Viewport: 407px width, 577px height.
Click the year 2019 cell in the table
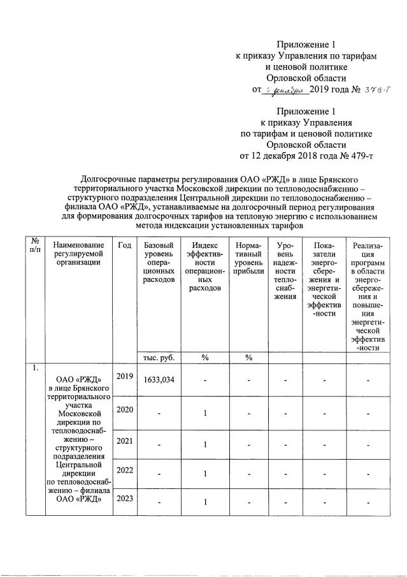(x=124, y=376)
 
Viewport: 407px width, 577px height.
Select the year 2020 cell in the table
(x=124, y=409)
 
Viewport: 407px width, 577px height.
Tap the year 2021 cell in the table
(x=124, y=441)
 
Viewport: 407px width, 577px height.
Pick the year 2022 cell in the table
(x=124, y=470)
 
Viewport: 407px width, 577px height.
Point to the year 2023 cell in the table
(x=124, y=500)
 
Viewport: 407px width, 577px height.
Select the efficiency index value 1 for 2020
(x=205, y=413)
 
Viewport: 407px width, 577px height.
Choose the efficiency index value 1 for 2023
(x=205, y=504)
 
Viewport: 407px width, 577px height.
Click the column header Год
(x=124, y=245)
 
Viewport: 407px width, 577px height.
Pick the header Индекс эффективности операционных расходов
(x=205, y=267)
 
